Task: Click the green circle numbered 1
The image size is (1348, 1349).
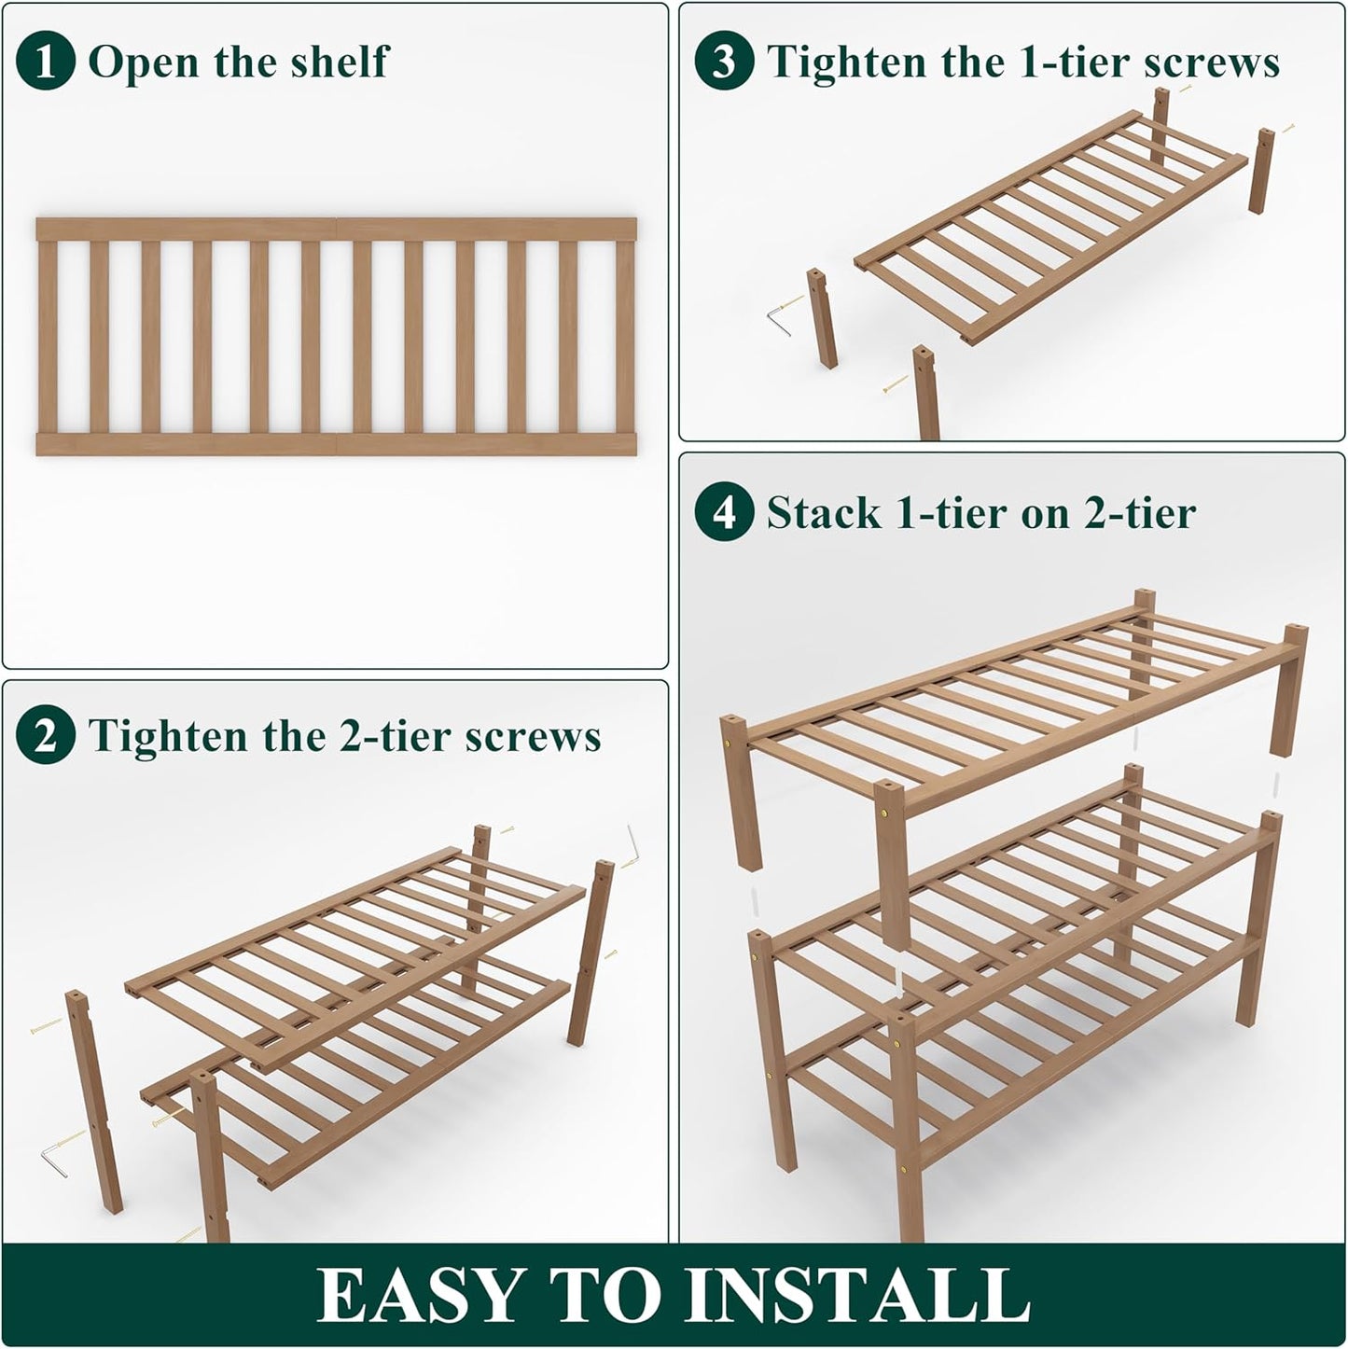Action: tap(45, 62)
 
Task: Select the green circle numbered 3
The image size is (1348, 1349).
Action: tap(724, 62)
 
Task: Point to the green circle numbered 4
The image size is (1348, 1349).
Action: tap(724, 512)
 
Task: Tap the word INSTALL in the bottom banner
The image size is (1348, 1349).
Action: tap(856, 1295)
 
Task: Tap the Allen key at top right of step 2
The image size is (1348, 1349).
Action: tap(633, 844)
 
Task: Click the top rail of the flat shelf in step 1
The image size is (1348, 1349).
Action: tap(336, 229)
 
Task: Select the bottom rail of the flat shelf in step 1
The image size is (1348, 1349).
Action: tap(336, 444)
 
